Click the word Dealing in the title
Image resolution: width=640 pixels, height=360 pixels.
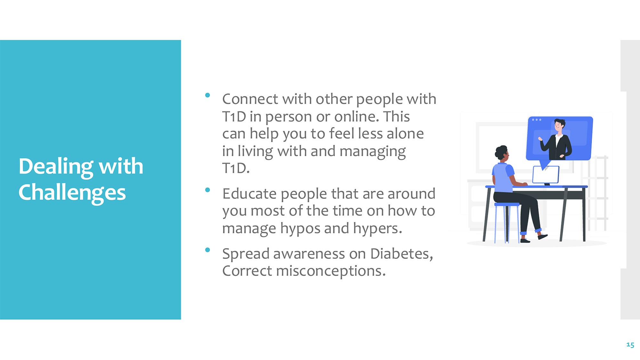click(56, 167)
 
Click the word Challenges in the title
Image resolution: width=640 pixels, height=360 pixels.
click(72, 193)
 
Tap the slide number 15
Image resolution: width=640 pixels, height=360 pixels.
click(630, 345)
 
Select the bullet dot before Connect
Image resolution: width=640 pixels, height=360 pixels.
click(207, 95)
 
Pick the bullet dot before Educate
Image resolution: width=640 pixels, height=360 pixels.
click(207, 190)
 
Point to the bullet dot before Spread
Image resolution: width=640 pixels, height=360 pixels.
click(207, 250)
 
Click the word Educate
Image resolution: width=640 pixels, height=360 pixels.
click(250, 194)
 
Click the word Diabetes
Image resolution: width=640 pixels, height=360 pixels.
click(402, 254)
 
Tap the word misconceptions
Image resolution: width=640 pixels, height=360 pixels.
click(331, 271)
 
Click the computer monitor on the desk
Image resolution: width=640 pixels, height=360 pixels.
click(546, 175)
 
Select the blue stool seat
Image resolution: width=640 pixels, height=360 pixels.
click(507, 204)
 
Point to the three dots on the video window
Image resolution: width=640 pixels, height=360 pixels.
click(536, 120)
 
